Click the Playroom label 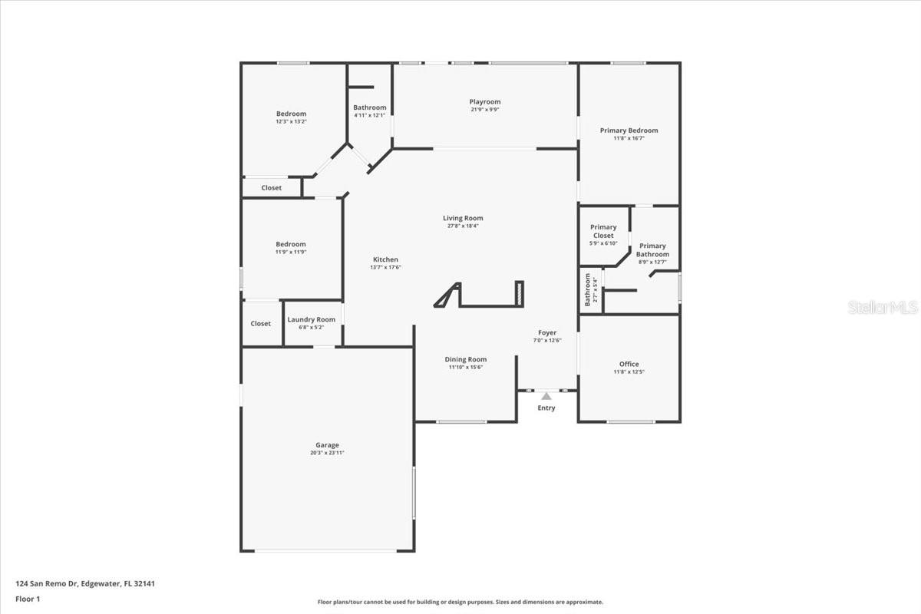tap(485, 102)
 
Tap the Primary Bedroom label tap(629, 130)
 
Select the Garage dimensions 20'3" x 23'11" tap(327, 454)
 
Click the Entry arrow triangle tap(546, 396)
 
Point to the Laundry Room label tap(311, 319)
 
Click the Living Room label tap(463, 218)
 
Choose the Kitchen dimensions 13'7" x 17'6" tap(385, 267)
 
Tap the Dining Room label tap(466, 359)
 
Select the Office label tap(629, 364)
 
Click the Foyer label tap(547, 332)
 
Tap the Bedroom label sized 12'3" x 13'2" tap(291, 114)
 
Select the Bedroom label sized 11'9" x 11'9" tap(291, 244)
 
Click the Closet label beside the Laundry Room tap(261, 324)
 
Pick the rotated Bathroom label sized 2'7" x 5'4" tap(588, 289)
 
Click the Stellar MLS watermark tap(883, 307)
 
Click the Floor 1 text tap(28, 599)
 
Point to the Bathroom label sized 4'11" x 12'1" tap(370, 107)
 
